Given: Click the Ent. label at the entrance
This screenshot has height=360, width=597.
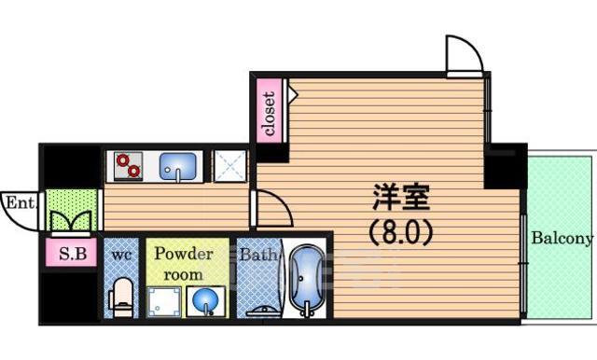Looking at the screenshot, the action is click(20, 202).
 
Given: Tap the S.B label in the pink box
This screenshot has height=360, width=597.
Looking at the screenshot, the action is click(73, 254).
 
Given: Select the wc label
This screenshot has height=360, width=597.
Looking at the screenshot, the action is click(121, 255).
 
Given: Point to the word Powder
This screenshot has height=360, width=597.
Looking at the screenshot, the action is click(183, 254).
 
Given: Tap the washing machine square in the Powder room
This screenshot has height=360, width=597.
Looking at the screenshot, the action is click(164, 302).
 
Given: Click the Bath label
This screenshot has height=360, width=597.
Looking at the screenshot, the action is click(257, 255).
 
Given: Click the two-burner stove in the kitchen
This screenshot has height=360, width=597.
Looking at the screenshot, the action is click(129, 166).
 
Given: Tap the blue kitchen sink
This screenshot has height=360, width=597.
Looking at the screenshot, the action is click(177, 166).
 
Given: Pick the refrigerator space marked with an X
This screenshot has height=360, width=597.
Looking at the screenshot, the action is click(230, 166).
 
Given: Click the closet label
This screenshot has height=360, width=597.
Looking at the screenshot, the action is click(270, 114).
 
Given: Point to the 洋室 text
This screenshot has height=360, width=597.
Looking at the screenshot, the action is click(401, 197).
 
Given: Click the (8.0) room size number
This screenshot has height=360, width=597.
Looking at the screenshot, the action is click(401, 232).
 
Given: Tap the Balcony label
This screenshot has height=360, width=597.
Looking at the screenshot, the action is click(562, 238).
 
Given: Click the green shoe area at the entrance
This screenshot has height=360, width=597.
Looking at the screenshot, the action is click(71, 210).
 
